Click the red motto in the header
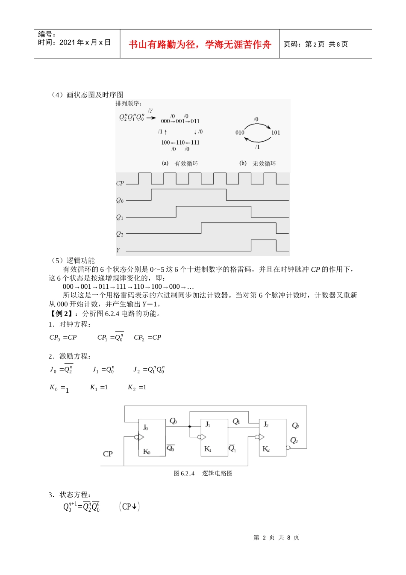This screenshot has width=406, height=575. [x=200, y=44]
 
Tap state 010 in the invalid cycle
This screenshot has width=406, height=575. [x=240, y=133]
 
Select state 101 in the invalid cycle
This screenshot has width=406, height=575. [x=276, y=133]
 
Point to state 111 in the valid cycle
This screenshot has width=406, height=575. [x=195, y=142]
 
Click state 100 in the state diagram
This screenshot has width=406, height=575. [x=165, y=142]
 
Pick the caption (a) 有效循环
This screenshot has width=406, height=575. [x=180, y=163]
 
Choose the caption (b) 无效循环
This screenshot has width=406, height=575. [x=258, y=163]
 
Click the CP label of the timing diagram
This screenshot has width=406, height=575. [x=120, y=183]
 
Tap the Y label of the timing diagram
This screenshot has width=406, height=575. [x=118, y=250]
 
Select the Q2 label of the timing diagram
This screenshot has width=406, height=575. [x=120, y=234]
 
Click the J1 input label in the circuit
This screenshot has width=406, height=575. [x=208, y=424]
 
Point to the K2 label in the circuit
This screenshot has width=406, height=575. [x=266, y=449]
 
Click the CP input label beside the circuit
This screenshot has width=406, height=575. [x=108, y=454]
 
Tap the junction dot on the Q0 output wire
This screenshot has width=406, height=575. [x=190, y=426]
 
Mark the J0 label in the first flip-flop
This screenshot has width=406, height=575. [x=146, y=427]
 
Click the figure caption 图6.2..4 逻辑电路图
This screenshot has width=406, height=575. [x=203, y=473]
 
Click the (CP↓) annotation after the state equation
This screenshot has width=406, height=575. [x=129, y=507]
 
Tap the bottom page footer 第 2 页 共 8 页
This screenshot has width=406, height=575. [x=276, y=537]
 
